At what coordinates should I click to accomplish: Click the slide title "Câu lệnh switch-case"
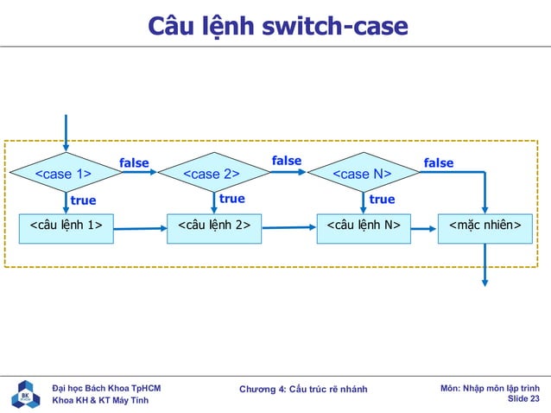tap(276, 27)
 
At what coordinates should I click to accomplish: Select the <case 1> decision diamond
tap(64, 175)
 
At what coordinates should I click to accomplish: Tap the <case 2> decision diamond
tap(212, 175)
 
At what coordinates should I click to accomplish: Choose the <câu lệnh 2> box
tap(213, 226)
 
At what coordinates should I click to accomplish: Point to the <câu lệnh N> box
tap(363, 226)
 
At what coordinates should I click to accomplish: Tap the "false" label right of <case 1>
tap(134, 162)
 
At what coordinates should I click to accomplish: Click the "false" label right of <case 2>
tap(287, 161)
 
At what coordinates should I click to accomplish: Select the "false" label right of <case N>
tap(438, 162)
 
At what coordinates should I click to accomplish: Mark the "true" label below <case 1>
tap(83, 200)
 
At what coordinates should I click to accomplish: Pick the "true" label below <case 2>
tap(231, 199)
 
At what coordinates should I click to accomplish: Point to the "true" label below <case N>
tap(382, 200)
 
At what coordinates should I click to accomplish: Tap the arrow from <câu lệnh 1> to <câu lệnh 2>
tap(140, 229)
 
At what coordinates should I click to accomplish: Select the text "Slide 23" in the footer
tap(523, 399)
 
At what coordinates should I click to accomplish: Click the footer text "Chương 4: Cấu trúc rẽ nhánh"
tap(303, 390)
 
